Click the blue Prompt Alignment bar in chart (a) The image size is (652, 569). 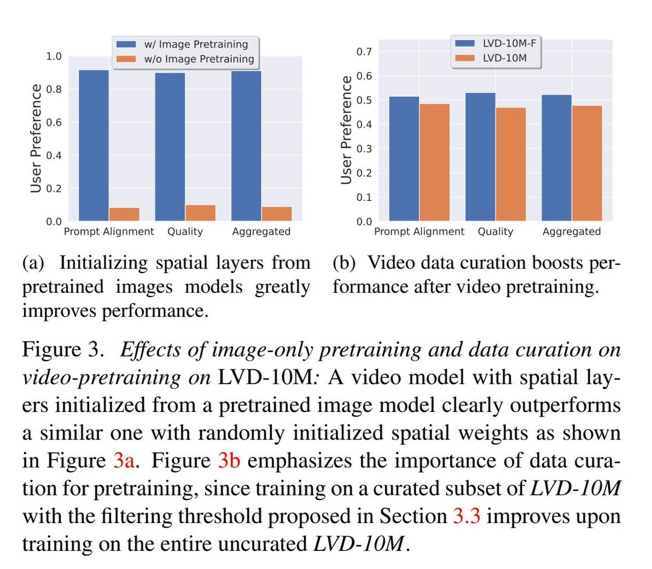click(94, 145)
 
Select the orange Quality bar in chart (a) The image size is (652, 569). click(201, 213)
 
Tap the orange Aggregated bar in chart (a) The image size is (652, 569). click(277, 214)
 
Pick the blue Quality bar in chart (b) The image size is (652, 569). click(480, 157)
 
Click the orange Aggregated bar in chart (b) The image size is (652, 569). click(587, 163)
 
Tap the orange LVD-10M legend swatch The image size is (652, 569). click(465, 58)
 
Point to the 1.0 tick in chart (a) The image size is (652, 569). click(54, 56)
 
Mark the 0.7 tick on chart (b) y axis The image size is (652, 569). click(364, 52)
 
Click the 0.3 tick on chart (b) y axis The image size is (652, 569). click(364, 149)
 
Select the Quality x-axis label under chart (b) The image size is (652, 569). click(495, 231)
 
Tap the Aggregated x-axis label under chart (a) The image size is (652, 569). click(261, 231)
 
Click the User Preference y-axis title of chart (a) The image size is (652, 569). click(36, 138)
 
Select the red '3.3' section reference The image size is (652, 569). click(467, 516)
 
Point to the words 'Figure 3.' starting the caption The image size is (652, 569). click(63, 350)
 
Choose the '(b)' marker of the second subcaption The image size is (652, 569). click(345, 263)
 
